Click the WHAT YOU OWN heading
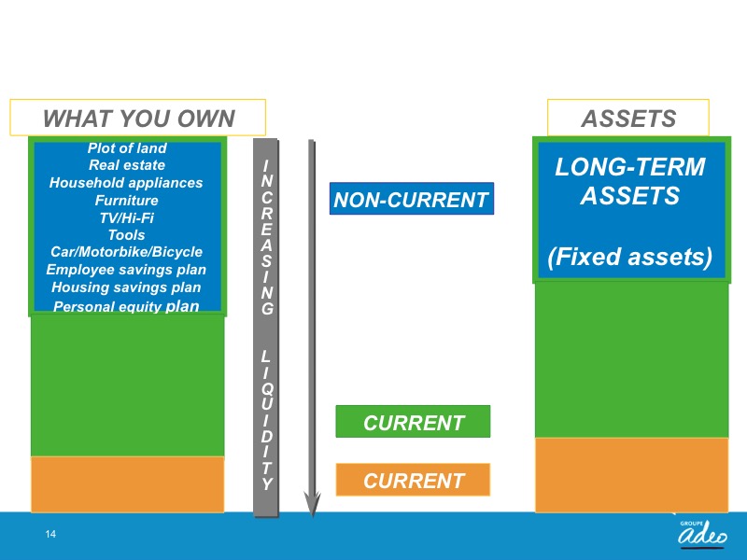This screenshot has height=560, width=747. (138, 119)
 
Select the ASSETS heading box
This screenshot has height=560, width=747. (628, 119)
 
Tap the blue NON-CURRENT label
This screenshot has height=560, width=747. (412, 199)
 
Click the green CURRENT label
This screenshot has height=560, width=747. (413, 422)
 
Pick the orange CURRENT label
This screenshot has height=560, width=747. (413, 480)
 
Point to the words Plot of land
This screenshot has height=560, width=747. (127, 148)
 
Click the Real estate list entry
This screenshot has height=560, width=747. (127, 165)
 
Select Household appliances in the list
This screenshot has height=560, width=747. (126, 183)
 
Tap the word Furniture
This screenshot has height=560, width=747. (127, 201)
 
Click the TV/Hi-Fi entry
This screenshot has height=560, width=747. (127, 218)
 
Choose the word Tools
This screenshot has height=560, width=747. (126, 235)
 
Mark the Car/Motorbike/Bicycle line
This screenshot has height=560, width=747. (126, 252)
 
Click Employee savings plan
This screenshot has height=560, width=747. (126, 270)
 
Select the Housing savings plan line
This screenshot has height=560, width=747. (126, 287)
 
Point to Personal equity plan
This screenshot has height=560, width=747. (126, 306)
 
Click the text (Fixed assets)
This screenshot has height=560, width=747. (629, 257)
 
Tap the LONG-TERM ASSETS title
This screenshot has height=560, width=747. (629, 181)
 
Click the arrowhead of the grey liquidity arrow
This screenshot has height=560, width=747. (313, 505)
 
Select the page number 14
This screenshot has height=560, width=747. (50, 534)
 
